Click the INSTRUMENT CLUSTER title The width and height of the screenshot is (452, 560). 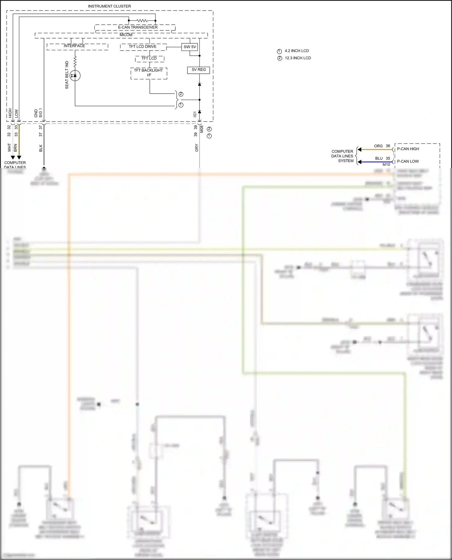109,6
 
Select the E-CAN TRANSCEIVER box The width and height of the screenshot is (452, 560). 137,27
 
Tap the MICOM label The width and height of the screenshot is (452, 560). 126,35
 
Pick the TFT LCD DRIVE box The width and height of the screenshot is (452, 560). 143,47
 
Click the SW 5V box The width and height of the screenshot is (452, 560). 190,47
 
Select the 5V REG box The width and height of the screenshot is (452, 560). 199,70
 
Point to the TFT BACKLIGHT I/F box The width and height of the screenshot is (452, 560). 149,73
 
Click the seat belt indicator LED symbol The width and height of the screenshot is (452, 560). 75,75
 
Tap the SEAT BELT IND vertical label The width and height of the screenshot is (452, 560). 67,75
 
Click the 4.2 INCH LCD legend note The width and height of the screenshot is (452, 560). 297,51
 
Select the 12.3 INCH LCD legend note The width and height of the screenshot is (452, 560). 298,58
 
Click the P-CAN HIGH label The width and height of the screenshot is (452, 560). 408,149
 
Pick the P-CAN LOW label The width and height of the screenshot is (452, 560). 408,161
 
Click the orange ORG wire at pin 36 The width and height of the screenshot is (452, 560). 377,150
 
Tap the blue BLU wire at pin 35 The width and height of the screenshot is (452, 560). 377,162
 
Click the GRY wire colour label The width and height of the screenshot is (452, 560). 196,148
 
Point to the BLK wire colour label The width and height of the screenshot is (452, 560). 41,148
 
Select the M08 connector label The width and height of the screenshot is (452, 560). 202,129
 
